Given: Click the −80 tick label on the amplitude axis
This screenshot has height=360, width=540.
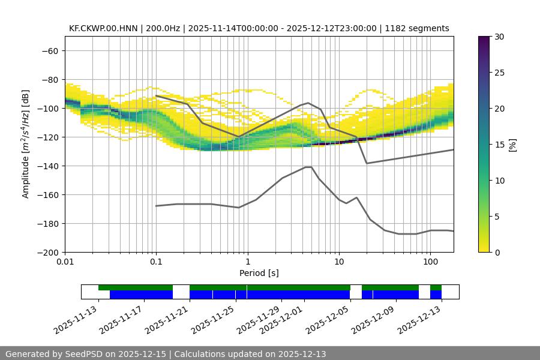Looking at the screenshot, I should (49, 79).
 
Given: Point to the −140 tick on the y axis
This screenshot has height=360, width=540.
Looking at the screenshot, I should (49, 166).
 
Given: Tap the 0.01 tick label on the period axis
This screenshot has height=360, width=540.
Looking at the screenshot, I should (65, 262).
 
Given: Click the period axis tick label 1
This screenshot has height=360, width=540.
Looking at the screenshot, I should (247, 262).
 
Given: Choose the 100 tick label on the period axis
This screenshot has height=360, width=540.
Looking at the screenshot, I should (430, 262).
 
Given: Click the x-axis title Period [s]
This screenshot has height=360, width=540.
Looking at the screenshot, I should (259, 273).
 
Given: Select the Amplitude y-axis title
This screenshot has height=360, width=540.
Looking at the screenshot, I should (26, 144).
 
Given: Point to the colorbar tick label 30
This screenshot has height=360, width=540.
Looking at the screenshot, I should (499, 37).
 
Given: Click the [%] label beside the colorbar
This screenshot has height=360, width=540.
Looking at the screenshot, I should (512, 145).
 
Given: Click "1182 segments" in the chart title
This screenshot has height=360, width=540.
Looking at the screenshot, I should (417, 28).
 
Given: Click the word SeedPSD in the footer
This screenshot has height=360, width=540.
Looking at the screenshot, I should (88, 354).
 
